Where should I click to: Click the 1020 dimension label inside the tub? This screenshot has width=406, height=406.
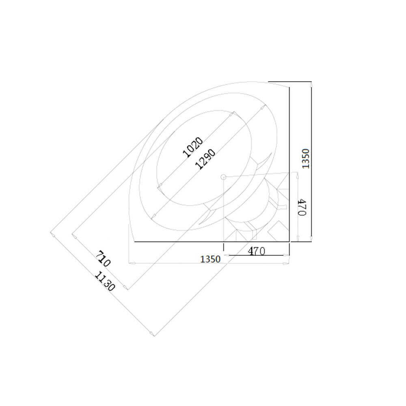pos(192,147)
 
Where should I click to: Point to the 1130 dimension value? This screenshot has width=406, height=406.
pos(104,281)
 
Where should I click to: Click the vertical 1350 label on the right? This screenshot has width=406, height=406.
pos(307,159)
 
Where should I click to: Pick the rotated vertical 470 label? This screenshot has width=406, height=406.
pos(302,207)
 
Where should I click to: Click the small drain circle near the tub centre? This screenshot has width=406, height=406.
pos(223,177)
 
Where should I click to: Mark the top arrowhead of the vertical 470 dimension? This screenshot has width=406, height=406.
pos(298,175)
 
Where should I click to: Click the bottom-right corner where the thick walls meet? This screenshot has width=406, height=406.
pos(289,242)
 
